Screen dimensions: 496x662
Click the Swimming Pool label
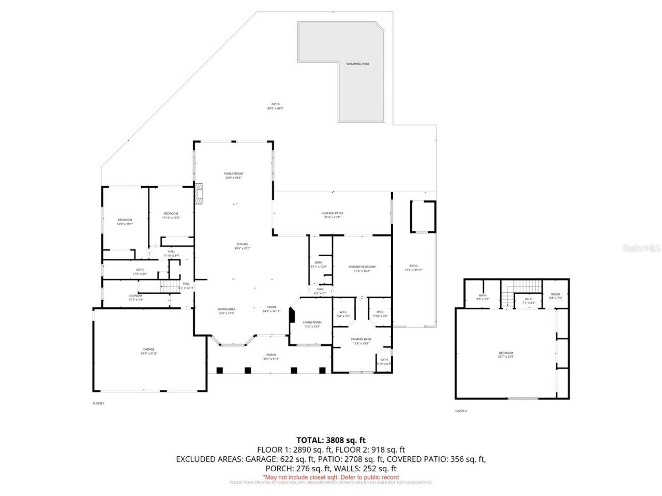point(358,64)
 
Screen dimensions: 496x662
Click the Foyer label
point(272,309)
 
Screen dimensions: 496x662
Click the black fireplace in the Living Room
point(292,316)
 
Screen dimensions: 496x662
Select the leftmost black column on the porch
point(219,370)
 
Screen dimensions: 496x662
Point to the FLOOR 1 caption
point(98,403)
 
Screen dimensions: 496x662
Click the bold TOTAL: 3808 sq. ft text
point(331,440)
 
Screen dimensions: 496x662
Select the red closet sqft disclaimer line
point(331,477)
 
